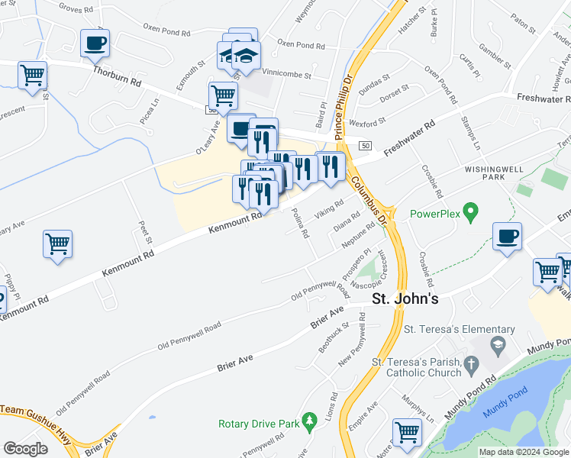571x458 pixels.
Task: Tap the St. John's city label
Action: (x=405, y=298)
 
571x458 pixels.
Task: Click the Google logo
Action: (x=25, y=449)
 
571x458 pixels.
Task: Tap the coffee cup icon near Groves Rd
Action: (x=95, y=44)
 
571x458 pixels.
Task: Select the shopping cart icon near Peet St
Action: (x=58, y=244)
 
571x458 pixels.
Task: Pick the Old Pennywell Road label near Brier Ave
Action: (x=189, y=336)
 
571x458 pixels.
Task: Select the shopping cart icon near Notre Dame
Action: (x=407, y=433)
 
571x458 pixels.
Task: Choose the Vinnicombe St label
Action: (x=286, y=76)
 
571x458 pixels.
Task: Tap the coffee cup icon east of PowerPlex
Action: (x=507, y=236)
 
